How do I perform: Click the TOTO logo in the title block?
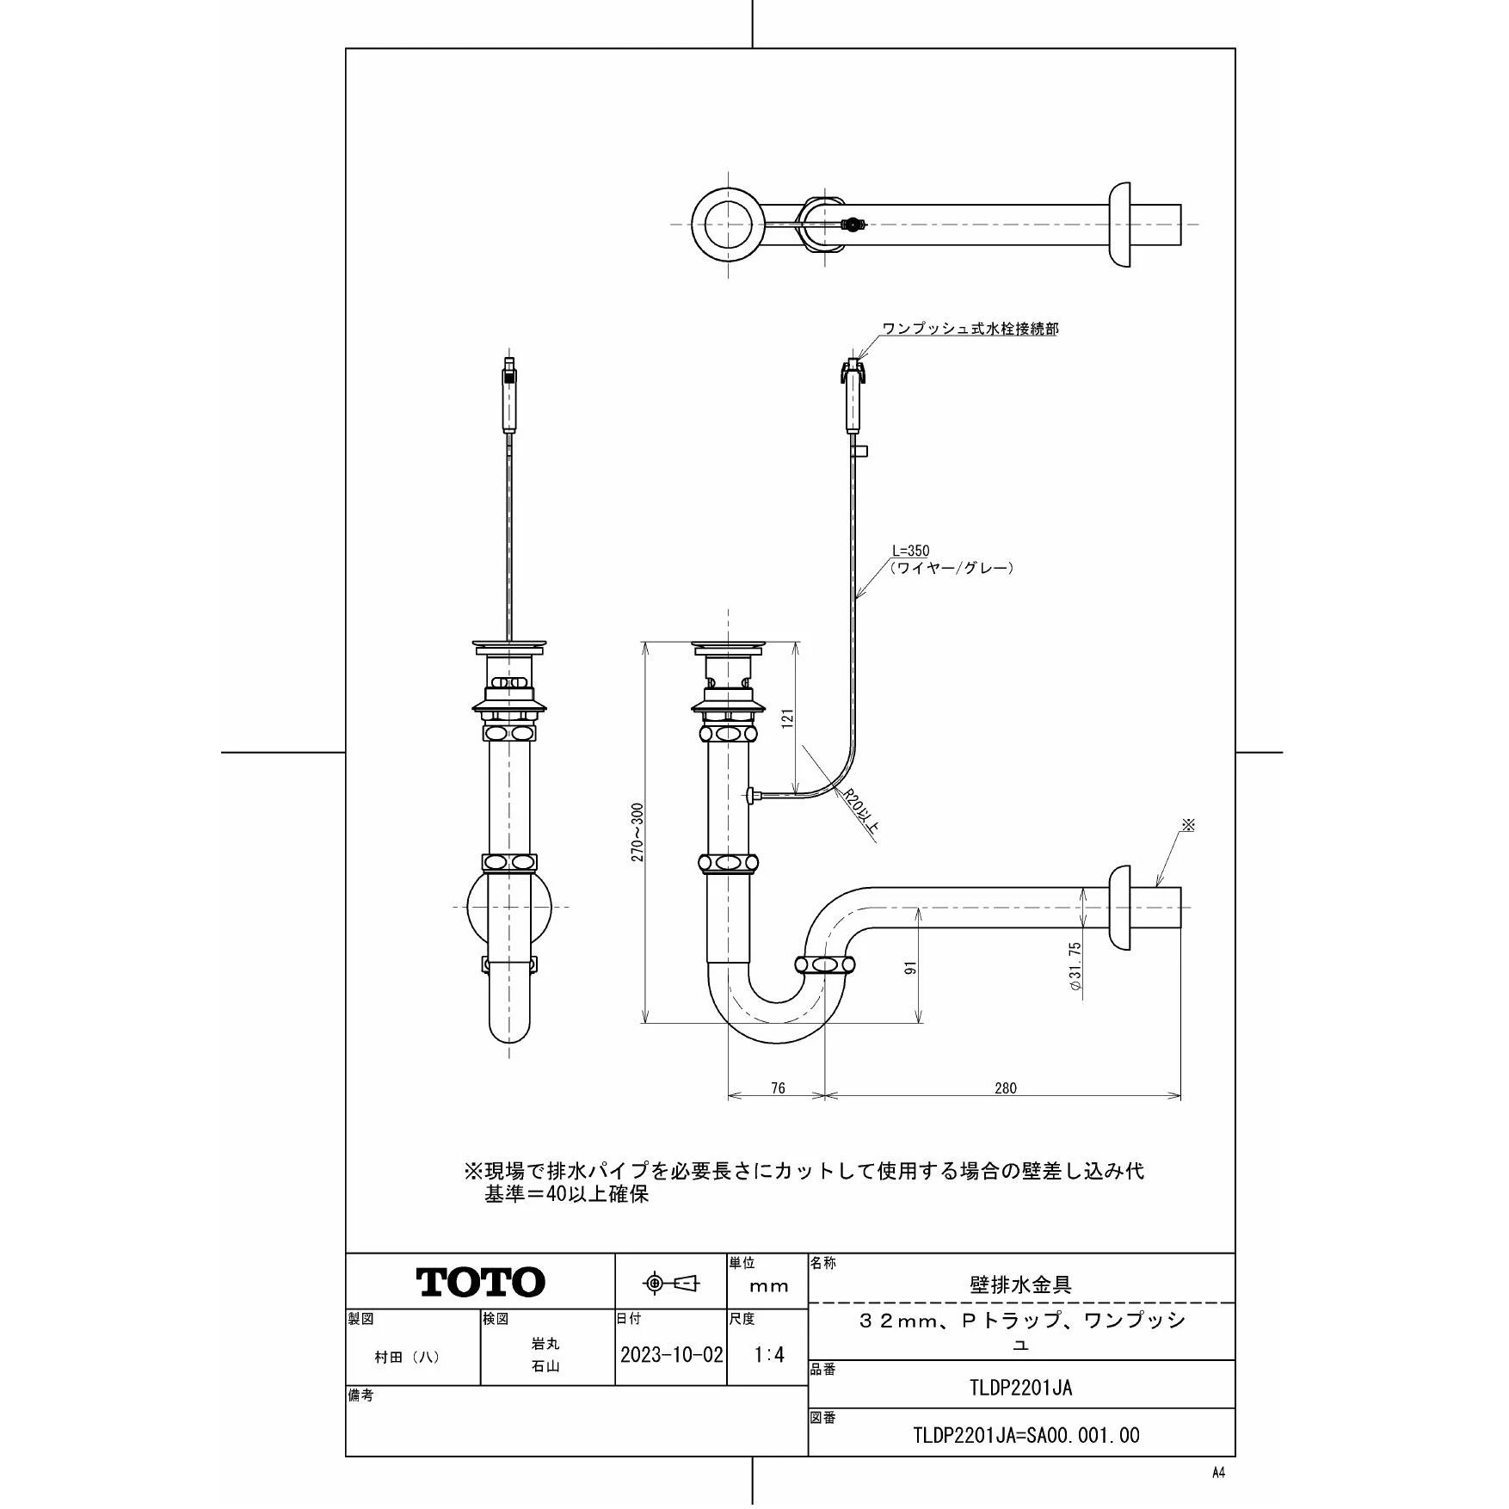(481, 1282)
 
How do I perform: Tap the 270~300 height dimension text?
(637, 833)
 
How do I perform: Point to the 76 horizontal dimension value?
(777, 1088)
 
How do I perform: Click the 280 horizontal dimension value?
(1005, 1088)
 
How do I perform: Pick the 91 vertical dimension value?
(912, 967)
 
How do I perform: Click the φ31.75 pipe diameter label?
(1075, 968)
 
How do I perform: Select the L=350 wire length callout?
(911, 551)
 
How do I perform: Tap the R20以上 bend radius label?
(860, 813)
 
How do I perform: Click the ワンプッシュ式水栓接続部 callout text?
(970, 329)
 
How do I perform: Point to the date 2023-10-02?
(671, 1354)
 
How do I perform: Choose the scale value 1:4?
(768, 1354)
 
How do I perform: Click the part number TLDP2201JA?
(1020, 1388)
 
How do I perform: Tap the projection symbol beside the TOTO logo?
(671, 1284)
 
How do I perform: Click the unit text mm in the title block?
(768, 1287)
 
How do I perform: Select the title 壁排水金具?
(1020, 1285)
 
